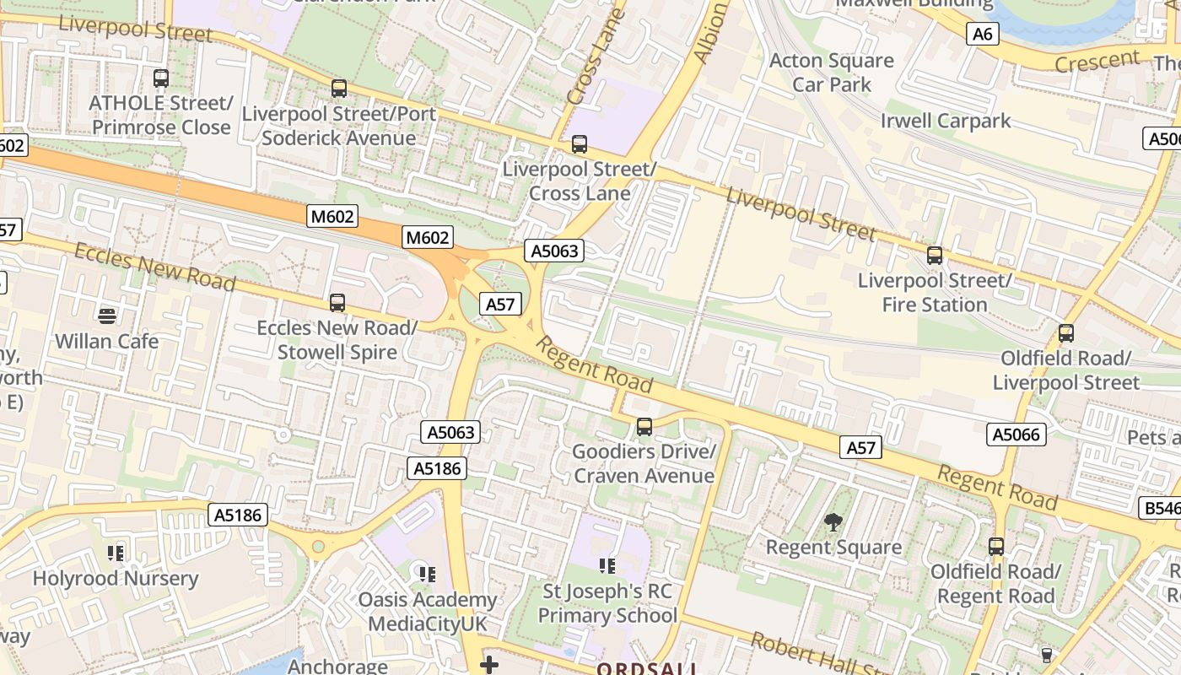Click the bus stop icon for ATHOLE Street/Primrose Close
pyautogui.click(x=160, y=78)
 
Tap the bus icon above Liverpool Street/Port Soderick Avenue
pyautogui.click(x=339, y=88)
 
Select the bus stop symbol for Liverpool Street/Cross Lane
pyautogui.click(x=580, y=144)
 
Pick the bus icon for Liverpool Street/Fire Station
pyautogui.click(x=935, y=255)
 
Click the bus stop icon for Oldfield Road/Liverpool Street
pyautogui.click(x=1066, y=333)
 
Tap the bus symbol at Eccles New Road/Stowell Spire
pyautogui.click(x=337, y=302)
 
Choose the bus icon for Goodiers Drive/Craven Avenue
pyautogui.click(x=644, y=427)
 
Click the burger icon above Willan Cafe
pyautogui.click(x=106, y=316)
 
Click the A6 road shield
pyautogui.click(x=983, y=34)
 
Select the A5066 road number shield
pyautogui.click(x=1017, y=435)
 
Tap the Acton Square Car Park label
pyautogui.click(x=832, y=73)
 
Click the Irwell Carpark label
pyautogui.click(x=946, y=121)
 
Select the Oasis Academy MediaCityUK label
pyautogui.click(x=429, y=612)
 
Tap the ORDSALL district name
pyautogui.click(x=648, y=669)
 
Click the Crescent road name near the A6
pyautogui.click(x=1097, y=61)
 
